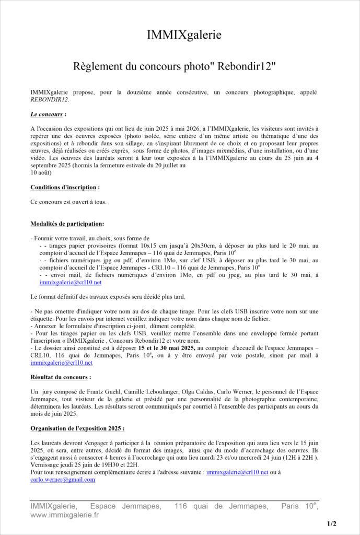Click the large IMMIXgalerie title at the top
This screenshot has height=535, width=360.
(x=184, y=35)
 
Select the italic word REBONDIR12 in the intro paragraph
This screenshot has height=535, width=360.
(x=50, y=99)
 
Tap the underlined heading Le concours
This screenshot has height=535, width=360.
(x=47, y=113)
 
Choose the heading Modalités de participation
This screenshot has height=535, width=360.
(x=67, y=224)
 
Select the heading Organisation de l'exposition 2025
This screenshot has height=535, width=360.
(x=76, y=428)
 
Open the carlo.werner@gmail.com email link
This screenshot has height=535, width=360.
(x=63, y=479)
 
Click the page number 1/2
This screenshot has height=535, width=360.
(x=332, y=524)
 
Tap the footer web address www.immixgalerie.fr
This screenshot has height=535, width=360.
(x=64, y=515)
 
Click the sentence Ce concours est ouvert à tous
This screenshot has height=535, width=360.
(x=68, y=202)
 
